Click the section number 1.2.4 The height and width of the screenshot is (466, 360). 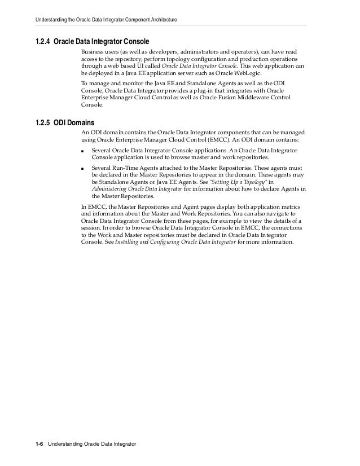click(43, 41)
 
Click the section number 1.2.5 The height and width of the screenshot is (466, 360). click(43, 123)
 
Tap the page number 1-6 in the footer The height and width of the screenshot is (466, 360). click(39, 445)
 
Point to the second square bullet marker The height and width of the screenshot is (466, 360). click(84, 169)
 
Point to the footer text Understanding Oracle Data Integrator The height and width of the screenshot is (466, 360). click(92, 445)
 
